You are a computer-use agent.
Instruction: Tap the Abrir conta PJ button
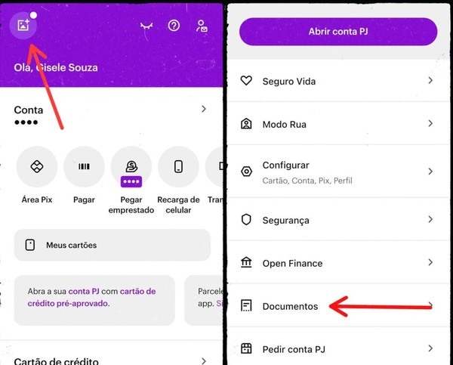pos(338,32)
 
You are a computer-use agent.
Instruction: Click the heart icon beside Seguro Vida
pos(246,81)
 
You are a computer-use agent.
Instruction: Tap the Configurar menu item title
pos(285,165)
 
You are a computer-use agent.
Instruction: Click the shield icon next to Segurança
pos(246,220)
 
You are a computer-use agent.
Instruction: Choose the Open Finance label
pos(292,263)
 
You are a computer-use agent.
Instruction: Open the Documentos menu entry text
pos(290,306)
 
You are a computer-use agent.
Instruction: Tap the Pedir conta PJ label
pos(294,349)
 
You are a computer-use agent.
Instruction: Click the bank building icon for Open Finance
pos(246,263)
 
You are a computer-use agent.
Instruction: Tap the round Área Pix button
pos(36,167)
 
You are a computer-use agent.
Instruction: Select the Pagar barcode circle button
pos(84,167)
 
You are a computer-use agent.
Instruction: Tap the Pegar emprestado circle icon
pos(131,167)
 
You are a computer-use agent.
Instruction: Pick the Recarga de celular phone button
pos(178,167)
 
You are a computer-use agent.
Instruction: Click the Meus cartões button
pos(112,245)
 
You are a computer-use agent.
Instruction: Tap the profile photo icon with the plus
pos(25,26)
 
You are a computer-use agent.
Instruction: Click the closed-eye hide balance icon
pos(146,26)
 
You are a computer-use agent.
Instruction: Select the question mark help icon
pos(174,26)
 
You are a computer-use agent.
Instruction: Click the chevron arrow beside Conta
pos(203,110)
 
